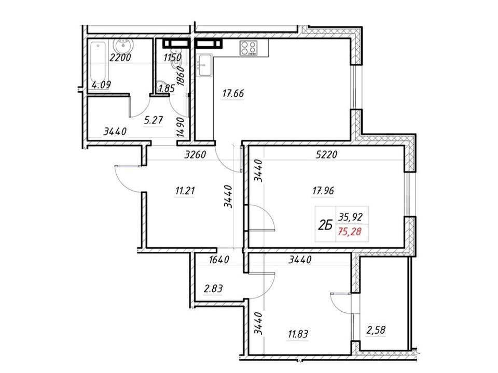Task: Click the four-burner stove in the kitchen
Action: [x=248, y=48]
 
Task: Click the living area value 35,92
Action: [x=350, y=217]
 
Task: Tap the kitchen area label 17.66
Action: [x=233, y=94]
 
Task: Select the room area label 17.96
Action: [x=323, y=191]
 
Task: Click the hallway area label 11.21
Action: [x=185, y=191]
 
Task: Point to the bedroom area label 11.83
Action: [x=298, y=334]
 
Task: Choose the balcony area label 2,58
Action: [x=376, y=330]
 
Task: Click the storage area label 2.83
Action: [x=213, y=289]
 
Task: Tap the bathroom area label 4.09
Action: [x=101, y=85]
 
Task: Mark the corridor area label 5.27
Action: [x=154, y=120]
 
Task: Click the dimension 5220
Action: [x=326, y=155]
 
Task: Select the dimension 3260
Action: [x=196, y=155]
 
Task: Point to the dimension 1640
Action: [x=219, y=260]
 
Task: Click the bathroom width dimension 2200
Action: [x=120, y=58]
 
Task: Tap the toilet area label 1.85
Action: [x=167, y=89]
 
